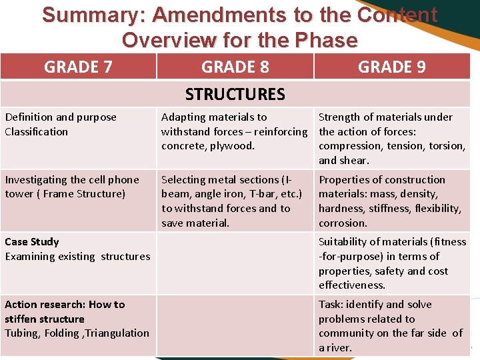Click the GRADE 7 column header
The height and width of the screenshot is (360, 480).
click(78, 67)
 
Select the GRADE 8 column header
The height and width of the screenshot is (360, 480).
click(235, 67)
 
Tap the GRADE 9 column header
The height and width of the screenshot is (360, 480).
click(392, 67)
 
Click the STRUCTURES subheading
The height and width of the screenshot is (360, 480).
click(235, 94)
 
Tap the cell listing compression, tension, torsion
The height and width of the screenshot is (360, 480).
click(392, 139)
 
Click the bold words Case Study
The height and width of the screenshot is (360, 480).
click(32, 241)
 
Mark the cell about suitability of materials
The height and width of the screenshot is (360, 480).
click(392, 263)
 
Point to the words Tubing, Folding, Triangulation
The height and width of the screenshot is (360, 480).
click(77, 333)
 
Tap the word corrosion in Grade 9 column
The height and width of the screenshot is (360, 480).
click(343, 223)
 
